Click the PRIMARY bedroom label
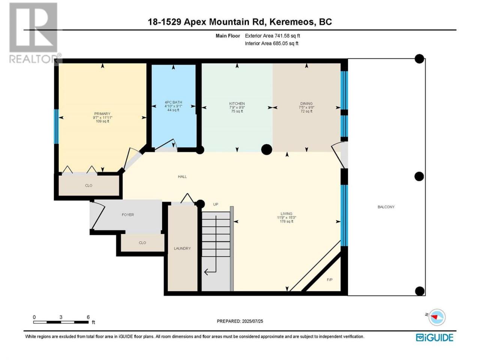coord(102,114)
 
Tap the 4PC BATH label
coord(173,102)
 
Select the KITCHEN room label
coord(237,103)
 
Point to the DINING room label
coord(306,103)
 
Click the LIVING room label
coord(286,213)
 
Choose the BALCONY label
coord(386,207)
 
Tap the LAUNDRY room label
coord(182,248)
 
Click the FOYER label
coord(128,214)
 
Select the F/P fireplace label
coord(330,280)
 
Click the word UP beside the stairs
coord(216,204)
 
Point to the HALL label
coord(182,177)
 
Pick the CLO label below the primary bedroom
coord(88,185)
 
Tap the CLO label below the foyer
coord(142,243)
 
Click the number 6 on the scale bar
coord(88,317)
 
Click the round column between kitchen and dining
coord(267,150)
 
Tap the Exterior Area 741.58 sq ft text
coord(273,36)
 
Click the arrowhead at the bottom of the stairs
coord(207,272)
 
